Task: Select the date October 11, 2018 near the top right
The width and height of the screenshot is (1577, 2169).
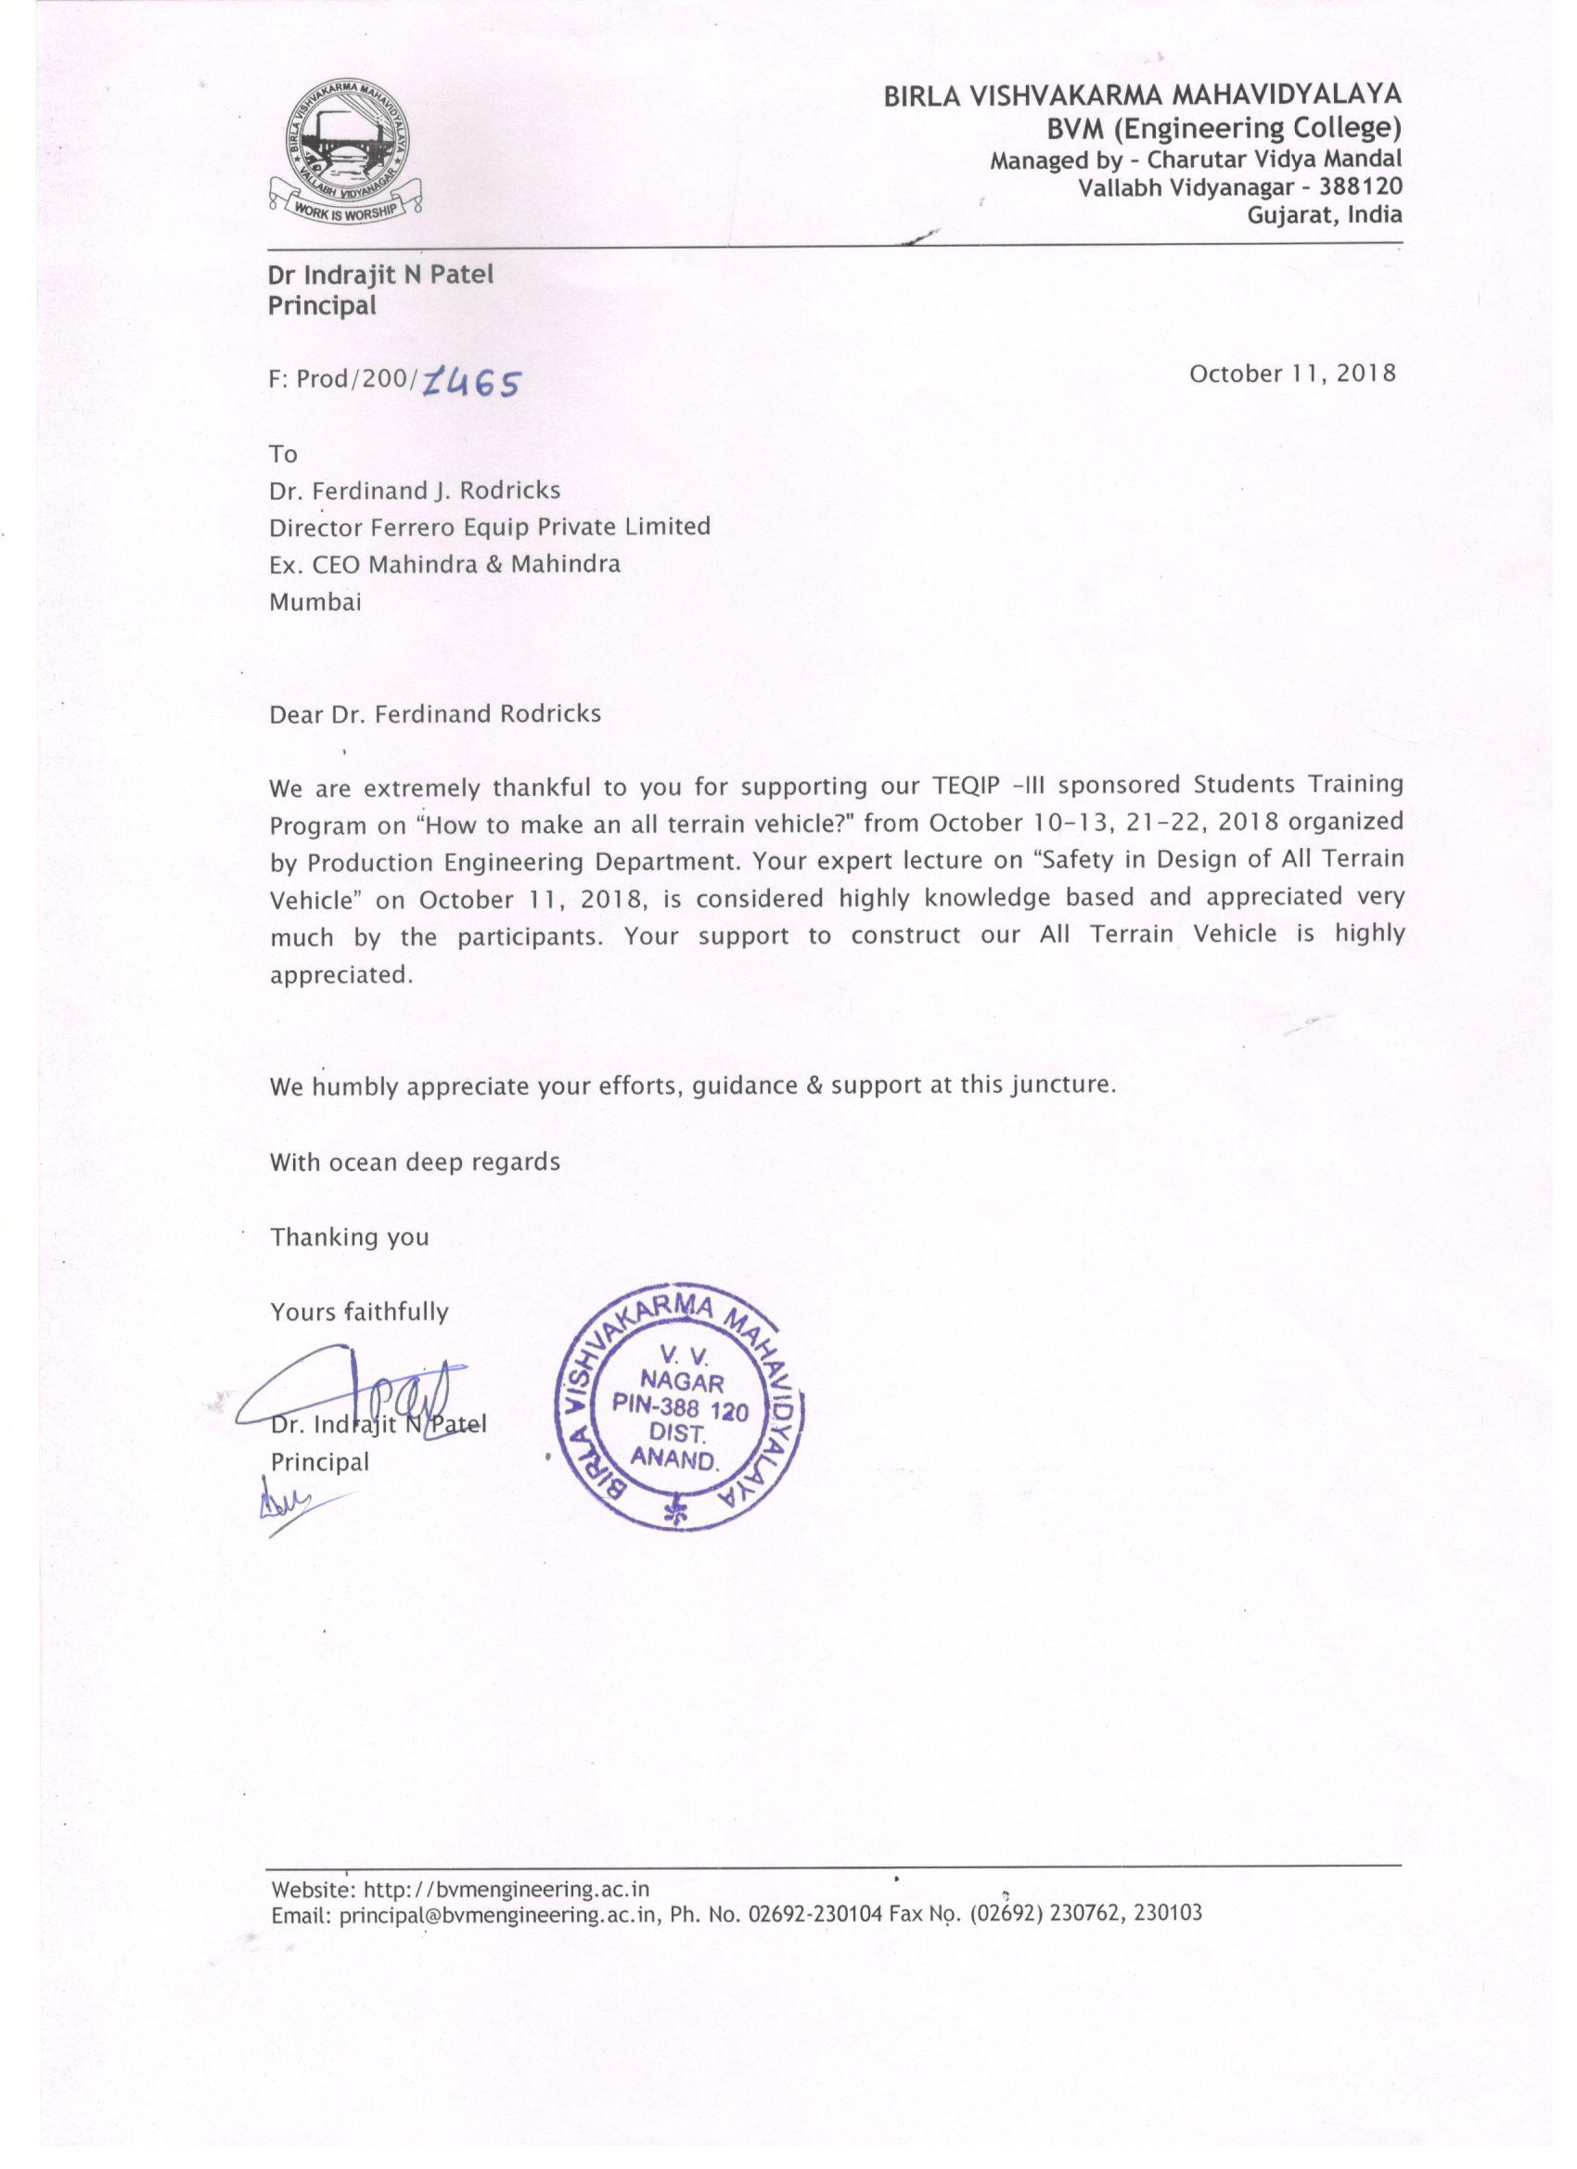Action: (1292, 373)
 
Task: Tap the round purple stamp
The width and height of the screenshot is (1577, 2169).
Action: (680, 1413)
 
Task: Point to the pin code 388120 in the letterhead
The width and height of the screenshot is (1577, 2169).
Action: (1363, 186)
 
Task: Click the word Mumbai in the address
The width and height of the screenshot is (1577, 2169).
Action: (315, 602)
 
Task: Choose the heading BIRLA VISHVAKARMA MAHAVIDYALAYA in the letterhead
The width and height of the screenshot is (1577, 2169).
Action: (1142, 95)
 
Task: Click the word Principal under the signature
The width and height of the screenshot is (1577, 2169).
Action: (319, 1461)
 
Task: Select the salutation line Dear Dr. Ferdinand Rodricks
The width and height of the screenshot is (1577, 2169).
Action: (435, 714)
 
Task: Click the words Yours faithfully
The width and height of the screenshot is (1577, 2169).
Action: (360, 1311)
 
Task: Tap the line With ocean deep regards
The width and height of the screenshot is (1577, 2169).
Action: (415, 1162)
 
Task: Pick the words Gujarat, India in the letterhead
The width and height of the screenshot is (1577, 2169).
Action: (1325, 214)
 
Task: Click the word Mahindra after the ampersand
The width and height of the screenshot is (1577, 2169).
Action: (566, 564)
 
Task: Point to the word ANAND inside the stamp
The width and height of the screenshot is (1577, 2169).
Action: (674, 1459)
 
